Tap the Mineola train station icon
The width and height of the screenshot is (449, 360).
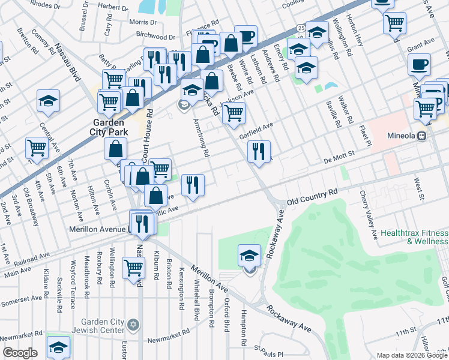(x=422, y=136)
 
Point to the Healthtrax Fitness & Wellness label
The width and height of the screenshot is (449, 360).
(x=414, y=237)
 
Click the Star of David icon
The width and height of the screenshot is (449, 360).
(x=133, y=325)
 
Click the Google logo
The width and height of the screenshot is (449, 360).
(x=20, y=353)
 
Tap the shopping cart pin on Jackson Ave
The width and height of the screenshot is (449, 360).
(x=234, y=112)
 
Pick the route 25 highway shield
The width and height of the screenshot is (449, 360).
(x=301, y=28)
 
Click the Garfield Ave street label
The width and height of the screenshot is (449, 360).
(x=256, y=131)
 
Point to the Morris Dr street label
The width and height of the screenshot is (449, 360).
(x=142, y=22)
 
